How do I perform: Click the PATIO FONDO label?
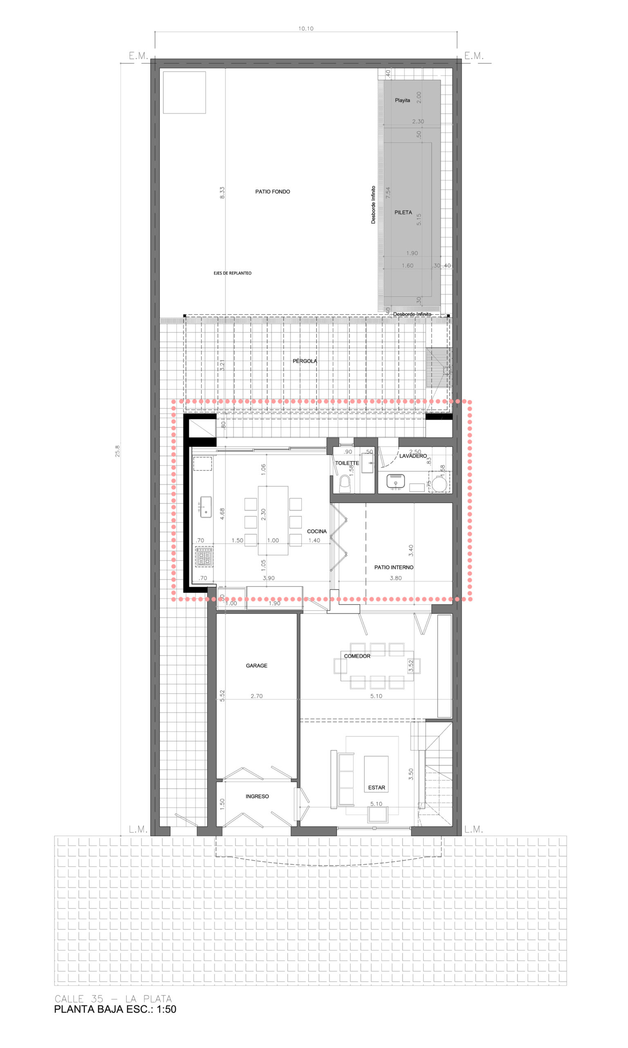273,192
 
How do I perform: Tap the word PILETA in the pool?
403,212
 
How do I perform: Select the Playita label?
402,100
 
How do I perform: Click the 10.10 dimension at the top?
305,29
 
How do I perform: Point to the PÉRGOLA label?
305,361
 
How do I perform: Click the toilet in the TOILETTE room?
345,484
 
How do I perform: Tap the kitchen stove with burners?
204,557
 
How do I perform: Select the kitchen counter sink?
206,507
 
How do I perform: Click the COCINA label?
316,531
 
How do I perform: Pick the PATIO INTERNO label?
394,567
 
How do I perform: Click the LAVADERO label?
413,456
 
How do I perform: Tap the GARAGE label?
256,666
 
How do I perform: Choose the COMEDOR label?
357,656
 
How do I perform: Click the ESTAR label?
376,788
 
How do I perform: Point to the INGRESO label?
257,796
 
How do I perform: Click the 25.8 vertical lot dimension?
118,451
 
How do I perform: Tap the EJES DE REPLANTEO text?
232,273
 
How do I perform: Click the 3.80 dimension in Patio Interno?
396,578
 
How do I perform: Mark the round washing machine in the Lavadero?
440,483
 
